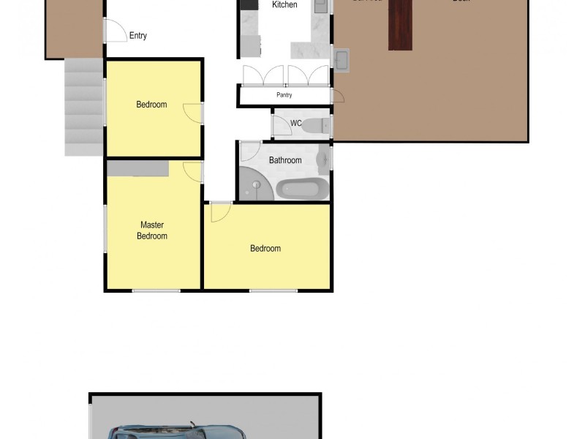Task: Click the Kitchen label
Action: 284,5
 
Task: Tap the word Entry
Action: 137,35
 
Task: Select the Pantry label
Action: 284,95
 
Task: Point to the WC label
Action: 296,123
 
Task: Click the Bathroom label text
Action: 285,160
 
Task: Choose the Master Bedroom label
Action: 152,230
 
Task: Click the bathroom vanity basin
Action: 322,156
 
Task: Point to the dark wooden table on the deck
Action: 400,25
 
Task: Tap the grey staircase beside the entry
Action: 83,106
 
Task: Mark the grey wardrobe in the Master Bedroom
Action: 138,168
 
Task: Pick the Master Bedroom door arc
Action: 193,171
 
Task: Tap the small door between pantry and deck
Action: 337,96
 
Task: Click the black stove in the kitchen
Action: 249,4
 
